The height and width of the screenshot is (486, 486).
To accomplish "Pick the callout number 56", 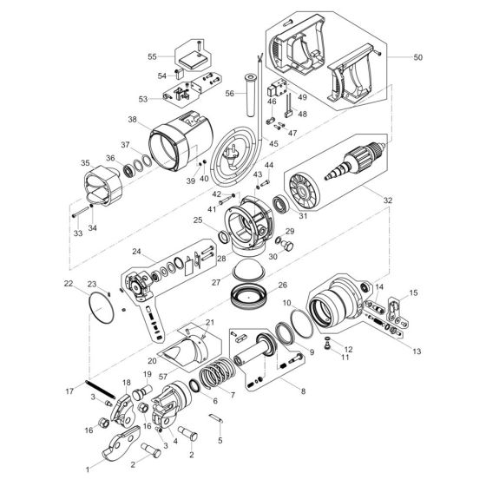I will coord(230,94).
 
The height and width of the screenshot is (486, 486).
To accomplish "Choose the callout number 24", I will coord(136,253).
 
